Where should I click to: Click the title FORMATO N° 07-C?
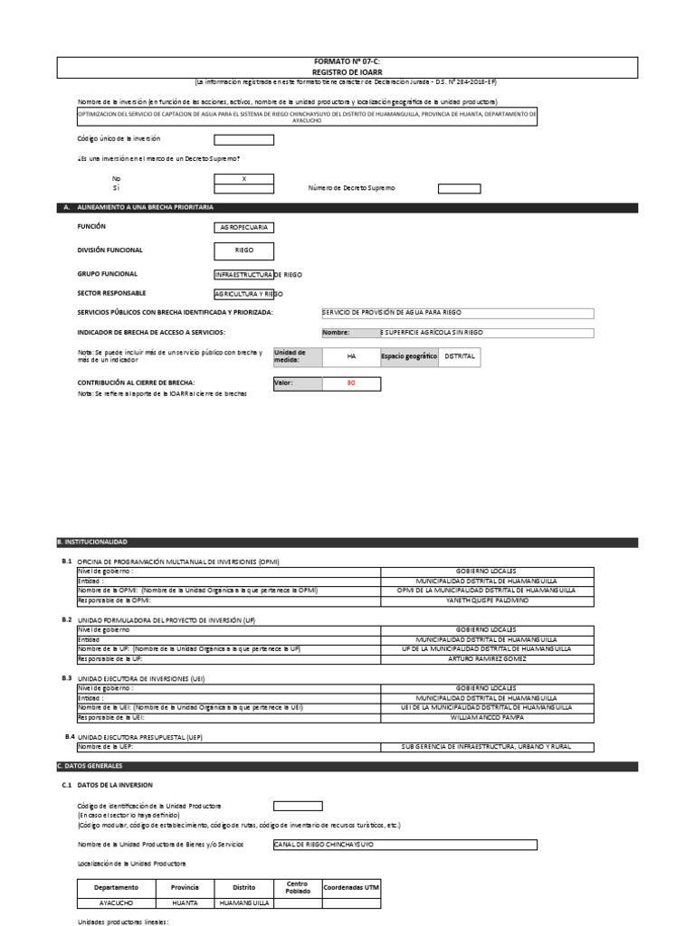(347, 60)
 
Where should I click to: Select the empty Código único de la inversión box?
(243, 140)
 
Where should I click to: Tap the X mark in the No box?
(243, 179)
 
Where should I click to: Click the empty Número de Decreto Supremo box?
(460, 189)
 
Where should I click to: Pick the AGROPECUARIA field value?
(243, 229)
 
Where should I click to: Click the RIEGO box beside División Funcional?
(243, 251)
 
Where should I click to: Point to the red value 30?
(351, 384)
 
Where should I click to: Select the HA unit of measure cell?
(351, 357)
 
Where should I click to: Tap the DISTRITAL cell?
(460, 357)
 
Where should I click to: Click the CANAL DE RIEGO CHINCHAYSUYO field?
(404, 845)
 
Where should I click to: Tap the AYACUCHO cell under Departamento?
(116, 902)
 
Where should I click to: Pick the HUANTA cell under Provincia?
(186, 902)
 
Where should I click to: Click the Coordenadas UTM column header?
(351, 887)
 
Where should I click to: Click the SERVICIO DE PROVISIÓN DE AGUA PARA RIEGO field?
(458, 313)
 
